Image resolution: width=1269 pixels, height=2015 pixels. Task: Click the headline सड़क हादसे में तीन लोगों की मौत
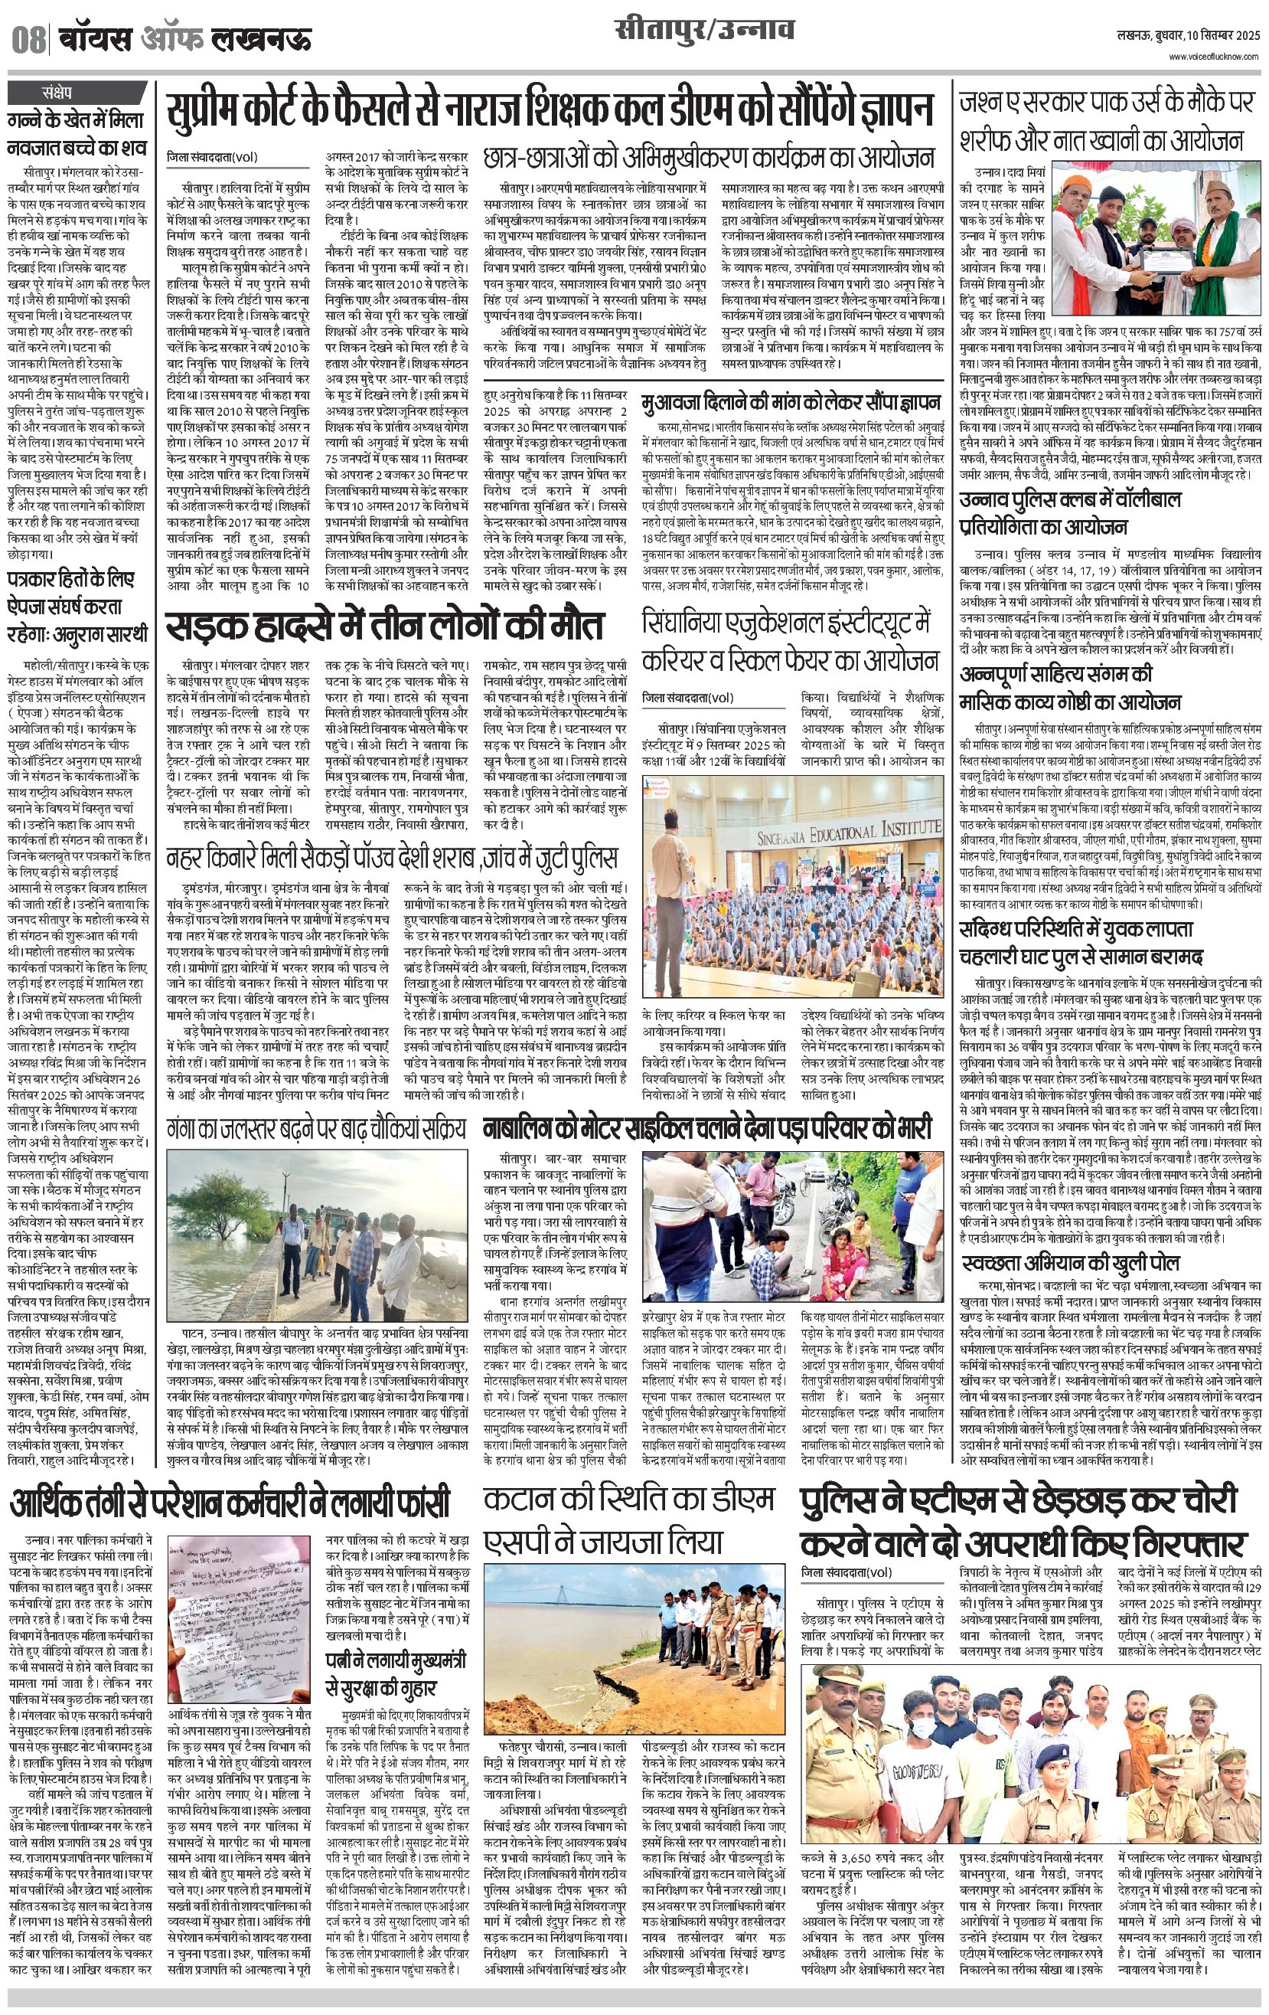(x=384, y=626)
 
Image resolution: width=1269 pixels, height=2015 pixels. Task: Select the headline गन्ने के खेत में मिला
(x=76, y=134)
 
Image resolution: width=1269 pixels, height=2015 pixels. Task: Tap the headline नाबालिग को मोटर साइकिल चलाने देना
(x=707, y=1129)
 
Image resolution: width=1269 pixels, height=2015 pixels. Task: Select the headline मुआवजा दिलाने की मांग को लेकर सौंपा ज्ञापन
(x=791, y=404)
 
